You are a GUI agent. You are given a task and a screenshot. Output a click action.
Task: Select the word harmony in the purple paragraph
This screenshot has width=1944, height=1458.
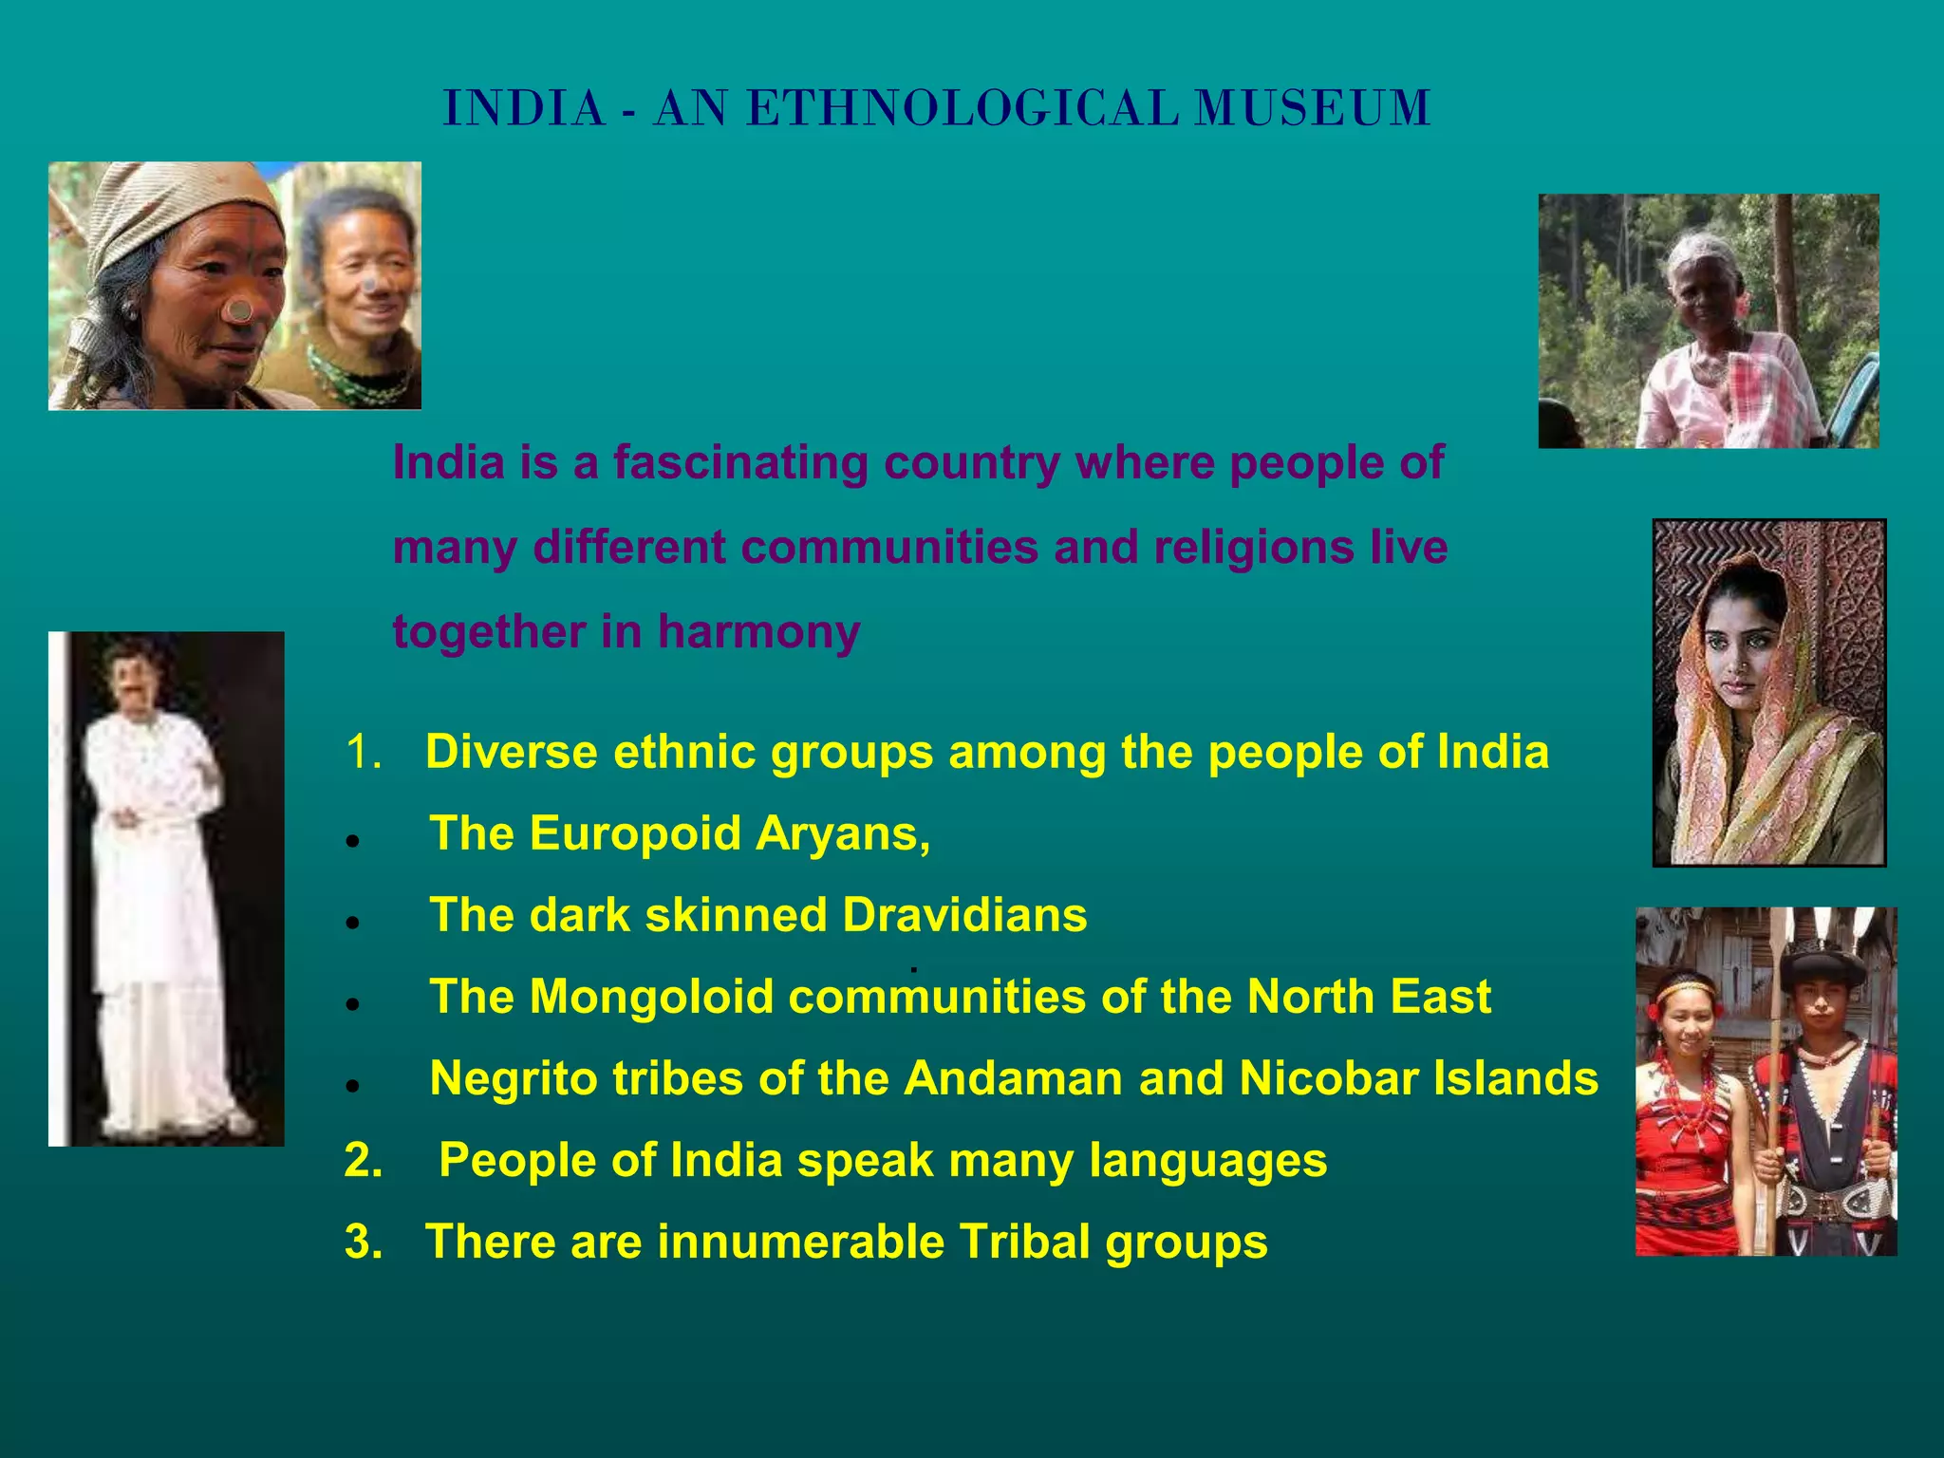[x=758, y=632]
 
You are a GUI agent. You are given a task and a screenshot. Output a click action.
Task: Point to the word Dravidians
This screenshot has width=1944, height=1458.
[x=964, y=915]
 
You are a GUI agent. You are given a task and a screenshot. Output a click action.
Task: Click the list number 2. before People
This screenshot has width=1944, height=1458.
[x=364, y=1160]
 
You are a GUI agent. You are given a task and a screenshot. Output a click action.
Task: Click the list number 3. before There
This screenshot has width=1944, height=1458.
[x=364, y=1242]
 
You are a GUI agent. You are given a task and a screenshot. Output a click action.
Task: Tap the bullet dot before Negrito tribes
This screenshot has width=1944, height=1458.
[x=352, y=1085]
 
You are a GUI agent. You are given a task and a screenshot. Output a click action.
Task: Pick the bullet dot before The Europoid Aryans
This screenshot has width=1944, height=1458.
[x=352, y=840]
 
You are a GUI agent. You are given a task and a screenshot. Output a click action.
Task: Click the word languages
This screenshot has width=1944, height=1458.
[x=1207, y=1161]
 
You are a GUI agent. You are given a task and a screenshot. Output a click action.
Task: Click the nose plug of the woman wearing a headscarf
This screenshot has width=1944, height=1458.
[x=241, y=310]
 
